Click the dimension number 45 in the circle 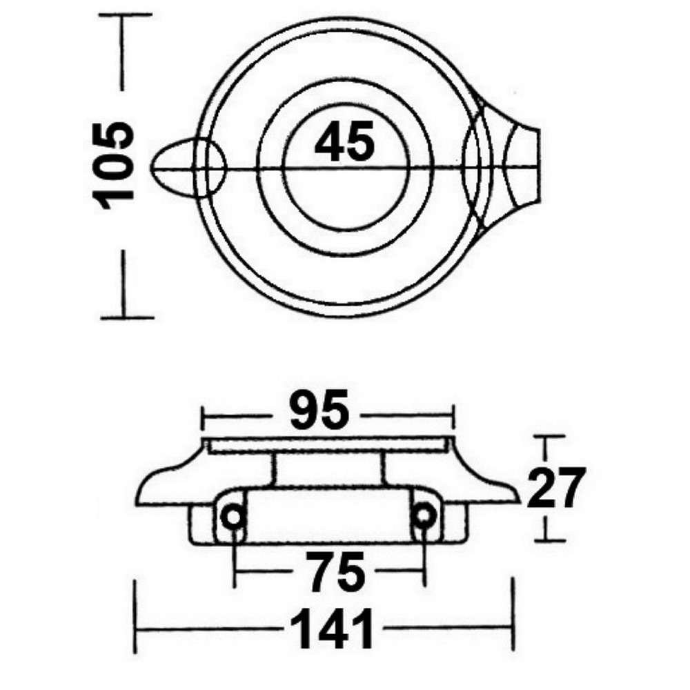[x=344, y=142]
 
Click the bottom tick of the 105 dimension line [x=124, y=317]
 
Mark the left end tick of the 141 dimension [x=135, y=629]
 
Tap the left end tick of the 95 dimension [x=202, y=416]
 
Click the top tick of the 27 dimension [x=546, y=437]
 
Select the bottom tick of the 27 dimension [x=546, y=540]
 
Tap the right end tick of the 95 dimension [x=454, y=416]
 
